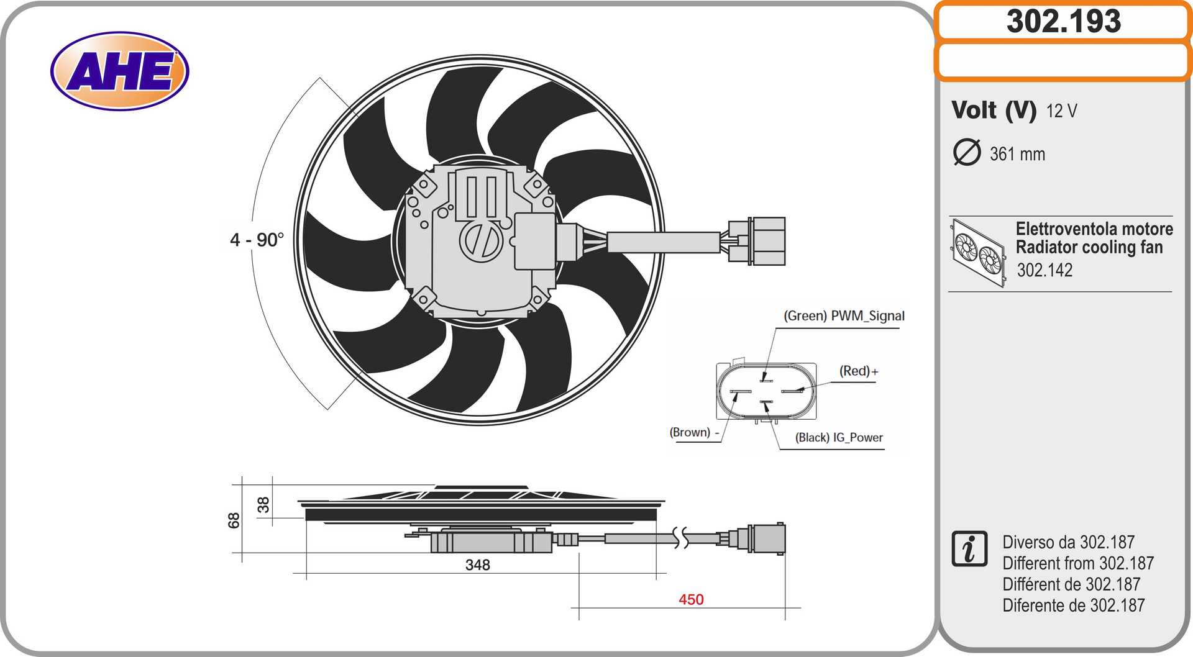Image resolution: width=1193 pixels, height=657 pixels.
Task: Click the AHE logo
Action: pyautogui.click(x=119, y=71)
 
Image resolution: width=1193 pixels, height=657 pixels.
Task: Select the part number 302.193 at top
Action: pyautogui.click(x=1063, y=21)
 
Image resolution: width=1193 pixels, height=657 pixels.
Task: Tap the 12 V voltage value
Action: pyautogui.click(x=1061, y=111)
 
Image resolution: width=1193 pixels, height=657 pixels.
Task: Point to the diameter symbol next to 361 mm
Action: pyautogui.click(x=966, y=153)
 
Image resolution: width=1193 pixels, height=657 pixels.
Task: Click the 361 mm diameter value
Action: pyautogui.click(x=1017, y=154)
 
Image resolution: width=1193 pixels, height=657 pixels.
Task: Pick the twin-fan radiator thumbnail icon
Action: pyautogui.click(x=978, y=252)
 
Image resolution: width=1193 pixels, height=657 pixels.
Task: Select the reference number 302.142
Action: pyautogui.click(x=1044, y=270)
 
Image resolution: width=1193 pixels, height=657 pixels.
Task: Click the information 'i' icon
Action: pyautogui.click(x=969, y=549)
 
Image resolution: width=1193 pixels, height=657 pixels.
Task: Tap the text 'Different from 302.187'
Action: pyautogui.click(x=1077, y=563)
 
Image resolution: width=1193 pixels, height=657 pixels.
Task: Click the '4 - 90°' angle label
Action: pyautogui.click(x=257, y=240)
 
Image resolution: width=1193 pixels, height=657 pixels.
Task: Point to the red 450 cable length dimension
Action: pyautogui.click(x=691, y=599)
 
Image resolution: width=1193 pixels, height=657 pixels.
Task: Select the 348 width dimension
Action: pyautogui.click(x=477, y=565)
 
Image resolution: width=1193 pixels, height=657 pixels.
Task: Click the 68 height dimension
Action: pyautogui.click(x=234, y=520)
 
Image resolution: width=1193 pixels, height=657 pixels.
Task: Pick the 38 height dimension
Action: pyautogui.click(x=263, y=505)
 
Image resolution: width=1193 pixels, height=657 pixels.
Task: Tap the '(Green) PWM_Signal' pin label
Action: pyautogui.click(x=844, y=316)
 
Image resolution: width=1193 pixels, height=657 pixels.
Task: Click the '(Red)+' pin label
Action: pyautogui.click(x=859, y=371)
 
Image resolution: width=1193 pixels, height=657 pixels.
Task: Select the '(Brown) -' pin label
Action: pyautogui.click(x=694, y=432)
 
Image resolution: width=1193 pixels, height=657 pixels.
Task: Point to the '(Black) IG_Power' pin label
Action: pyautogui.click(x=838, y=438)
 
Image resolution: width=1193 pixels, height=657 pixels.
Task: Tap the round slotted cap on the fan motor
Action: pyautogui.click(x=481, y=240)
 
